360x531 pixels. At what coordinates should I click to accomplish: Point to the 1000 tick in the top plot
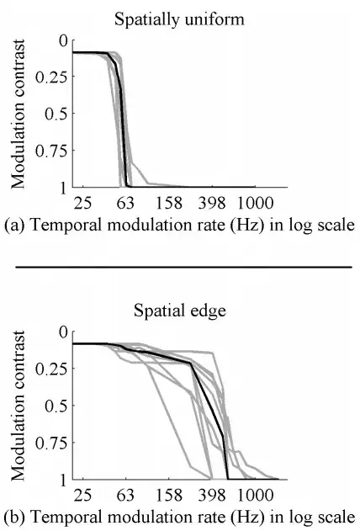click(x=253, y=203)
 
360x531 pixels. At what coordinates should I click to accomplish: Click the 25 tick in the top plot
click(x=83, y=203)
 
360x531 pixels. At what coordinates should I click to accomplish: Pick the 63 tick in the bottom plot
click(x=126, y=495)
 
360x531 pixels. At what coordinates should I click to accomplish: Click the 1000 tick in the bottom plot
click(x=253, y=495)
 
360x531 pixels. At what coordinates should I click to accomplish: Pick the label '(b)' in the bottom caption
click(x=13, y=514)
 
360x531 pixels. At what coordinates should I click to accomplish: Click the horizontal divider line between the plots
click(x=180, y=266)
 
